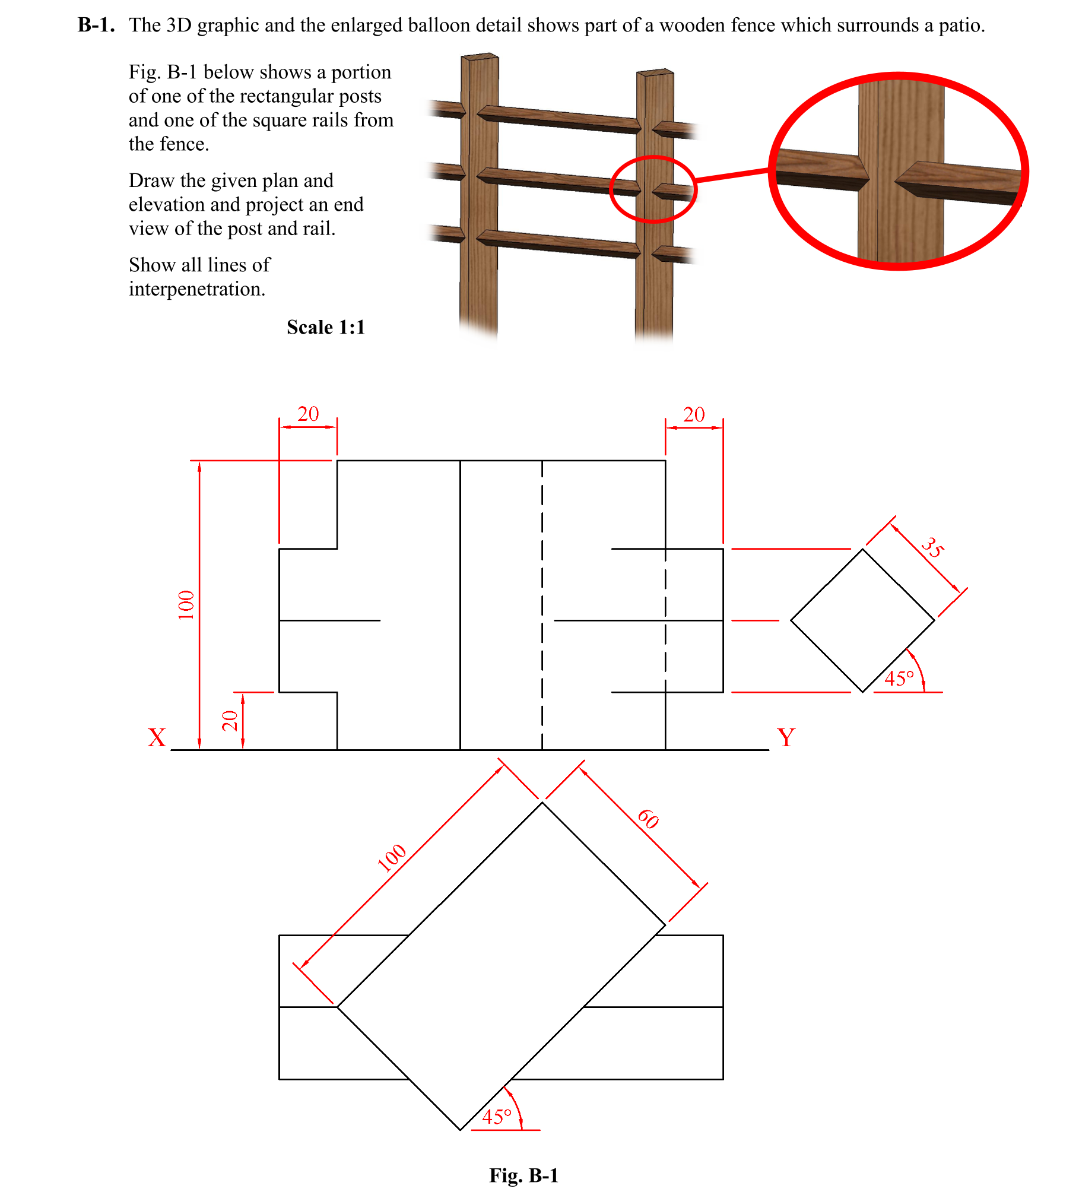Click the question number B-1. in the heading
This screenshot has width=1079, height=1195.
[x=96, y=25]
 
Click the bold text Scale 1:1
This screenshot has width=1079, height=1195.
[x=325, y=327]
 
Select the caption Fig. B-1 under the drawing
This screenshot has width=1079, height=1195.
[x=523, y=1175]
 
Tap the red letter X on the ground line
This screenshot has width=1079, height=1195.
[x=157, y=738]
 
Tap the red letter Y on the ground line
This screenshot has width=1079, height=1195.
[x=786, y=738]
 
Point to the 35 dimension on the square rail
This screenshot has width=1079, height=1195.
[x=932, y=547]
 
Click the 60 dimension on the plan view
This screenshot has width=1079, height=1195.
[x=648, y=819]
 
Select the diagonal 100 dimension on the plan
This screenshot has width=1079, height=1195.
[x=392, y=857]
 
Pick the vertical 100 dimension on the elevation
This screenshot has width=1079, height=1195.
[x=186, y=605]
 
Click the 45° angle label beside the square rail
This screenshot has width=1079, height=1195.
[x=899, y=679]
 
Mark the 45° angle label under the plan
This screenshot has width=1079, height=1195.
[x=497, y=1117]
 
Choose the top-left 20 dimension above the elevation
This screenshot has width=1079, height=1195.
[x=308, y=414]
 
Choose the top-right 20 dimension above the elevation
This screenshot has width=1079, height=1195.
[x=694, y=414]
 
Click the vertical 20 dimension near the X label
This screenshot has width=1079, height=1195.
[x=230, y=721]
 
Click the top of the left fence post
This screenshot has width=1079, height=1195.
[x=480, y=57]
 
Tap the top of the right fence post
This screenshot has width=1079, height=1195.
[x=655, y=72]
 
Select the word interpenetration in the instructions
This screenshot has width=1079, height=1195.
[x=197, y=289]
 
